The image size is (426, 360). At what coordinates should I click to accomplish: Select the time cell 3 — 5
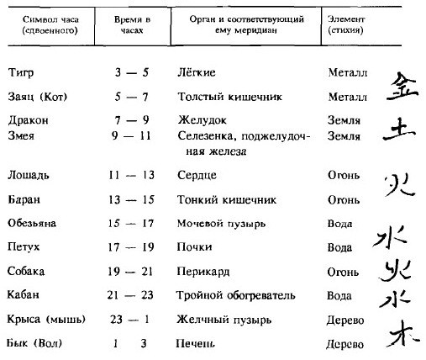pyautogui.click(x=131, y=73)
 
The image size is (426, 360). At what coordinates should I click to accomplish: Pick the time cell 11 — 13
pyautogui.click(x=131, y=176)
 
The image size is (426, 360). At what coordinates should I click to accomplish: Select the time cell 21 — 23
pyautogui.click(x=131, y=297)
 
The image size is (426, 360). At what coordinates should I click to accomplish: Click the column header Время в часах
pyautogui.click(x=131, y=23)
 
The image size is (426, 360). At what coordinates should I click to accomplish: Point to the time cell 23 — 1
pyautogui.click(x=131, y=320)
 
